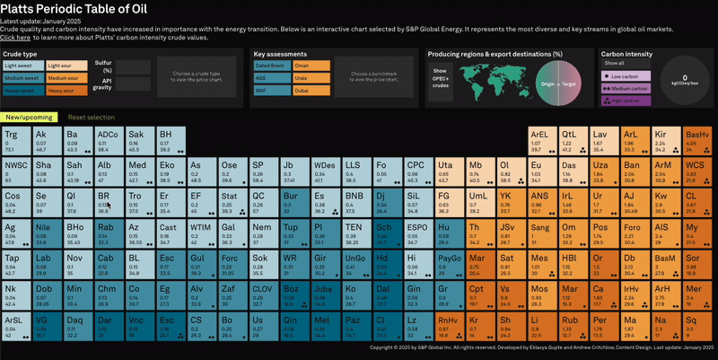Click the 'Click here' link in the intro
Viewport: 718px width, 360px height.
pyautogui.click(x=15, y=38)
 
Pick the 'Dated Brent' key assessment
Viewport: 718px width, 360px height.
pyautogui.click(x=272, y=66)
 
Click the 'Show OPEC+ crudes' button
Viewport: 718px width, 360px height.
pyautogui.click(x=441, y=77)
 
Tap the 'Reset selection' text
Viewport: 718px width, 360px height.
pyautogui.click(x=91, y=117)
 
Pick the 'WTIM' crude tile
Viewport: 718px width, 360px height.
pyautogui.click(x=203, y=233)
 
